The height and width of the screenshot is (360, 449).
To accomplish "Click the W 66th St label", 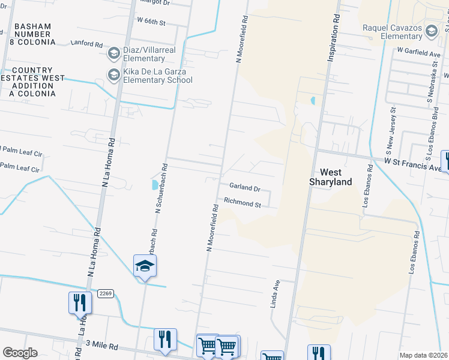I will pos(151,20).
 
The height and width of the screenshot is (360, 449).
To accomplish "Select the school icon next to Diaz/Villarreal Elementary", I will pos(113,54).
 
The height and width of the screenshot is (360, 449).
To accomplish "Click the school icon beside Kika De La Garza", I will pos(113,75).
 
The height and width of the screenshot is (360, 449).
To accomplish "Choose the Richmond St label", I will pos(242,203).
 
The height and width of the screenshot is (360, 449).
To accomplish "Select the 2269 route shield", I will pos(103,293).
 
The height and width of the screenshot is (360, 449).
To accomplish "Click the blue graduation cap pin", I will pos(145,266).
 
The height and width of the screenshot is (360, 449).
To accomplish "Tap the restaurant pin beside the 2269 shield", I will pos(80,304).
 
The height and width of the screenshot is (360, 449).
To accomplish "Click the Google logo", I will pos(20,353).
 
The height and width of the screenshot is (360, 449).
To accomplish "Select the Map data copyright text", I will pos(423,355).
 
